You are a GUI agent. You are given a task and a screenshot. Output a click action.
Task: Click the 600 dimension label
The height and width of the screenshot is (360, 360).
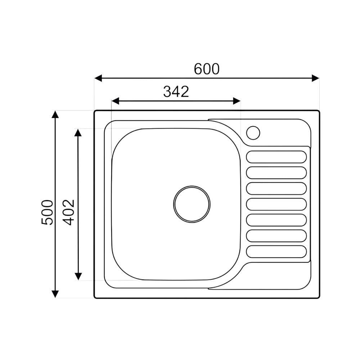tap(207, 69)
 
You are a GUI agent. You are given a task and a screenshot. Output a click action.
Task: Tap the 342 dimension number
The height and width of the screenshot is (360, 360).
tap(176, 91)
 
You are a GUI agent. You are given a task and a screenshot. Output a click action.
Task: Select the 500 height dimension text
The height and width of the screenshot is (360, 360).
tap(47, 212)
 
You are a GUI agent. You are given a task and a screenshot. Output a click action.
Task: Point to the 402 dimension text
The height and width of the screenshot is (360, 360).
tap(69, 212)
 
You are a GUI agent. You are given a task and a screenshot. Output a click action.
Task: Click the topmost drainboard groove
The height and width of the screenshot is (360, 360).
tap(276, 157)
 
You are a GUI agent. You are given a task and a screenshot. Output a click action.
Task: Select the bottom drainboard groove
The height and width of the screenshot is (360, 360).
tap(276, 252)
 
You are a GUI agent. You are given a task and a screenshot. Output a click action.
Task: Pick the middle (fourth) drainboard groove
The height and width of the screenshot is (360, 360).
tap(276, 204)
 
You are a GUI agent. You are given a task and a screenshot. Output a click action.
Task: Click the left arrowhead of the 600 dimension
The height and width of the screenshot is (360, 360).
tap(98, 78)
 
